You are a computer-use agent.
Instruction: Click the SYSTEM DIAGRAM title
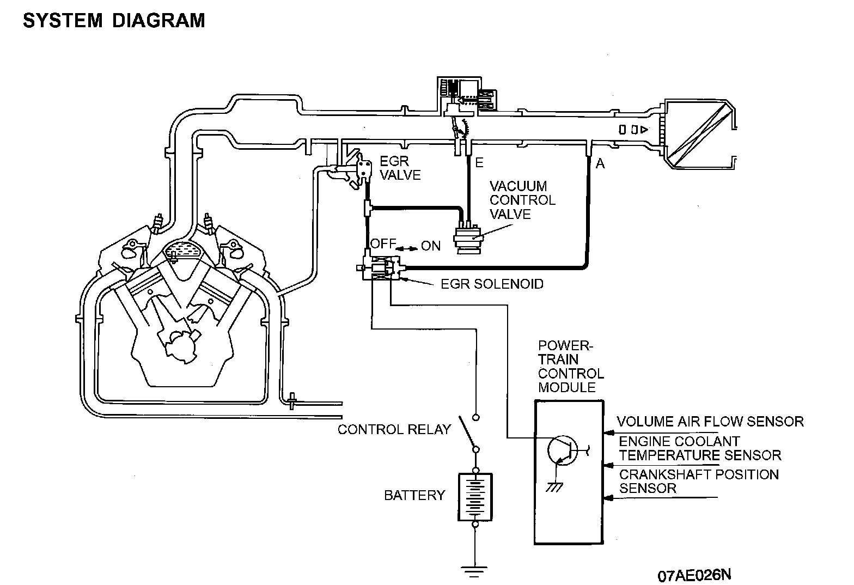(x=114, y=21)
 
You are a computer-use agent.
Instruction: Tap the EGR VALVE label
(x=400, y=168)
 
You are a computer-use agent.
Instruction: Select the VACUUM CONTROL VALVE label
(x=522, y=200)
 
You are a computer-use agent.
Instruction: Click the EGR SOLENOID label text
(x=492, y=284)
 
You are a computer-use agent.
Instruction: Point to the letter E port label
(x=479, y=163)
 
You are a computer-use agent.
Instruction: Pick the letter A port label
(x=600, y=163)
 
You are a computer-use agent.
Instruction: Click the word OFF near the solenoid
(x=383, y=243)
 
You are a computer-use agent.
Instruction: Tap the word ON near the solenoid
(x=431, y=246)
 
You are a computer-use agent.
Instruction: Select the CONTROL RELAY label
(x=394, y=429)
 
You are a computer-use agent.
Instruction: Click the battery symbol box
(x=475, y=497)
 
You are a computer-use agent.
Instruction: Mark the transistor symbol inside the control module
(x=564, y=451)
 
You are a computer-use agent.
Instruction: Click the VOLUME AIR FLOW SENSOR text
(x=710, y=422)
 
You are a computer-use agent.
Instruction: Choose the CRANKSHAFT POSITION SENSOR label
(x=699, y=482)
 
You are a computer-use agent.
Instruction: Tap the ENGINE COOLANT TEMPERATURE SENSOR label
(x=700, y=448)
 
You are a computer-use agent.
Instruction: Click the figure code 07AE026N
(x=694, y=575)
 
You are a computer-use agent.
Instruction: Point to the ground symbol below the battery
(x=475, y=571)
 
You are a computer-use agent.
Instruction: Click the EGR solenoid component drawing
(x=381, y=267)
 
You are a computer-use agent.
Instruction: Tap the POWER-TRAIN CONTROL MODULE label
(x=571, y=367)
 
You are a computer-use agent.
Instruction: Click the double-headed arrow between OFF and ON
(x=407, y=248)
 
